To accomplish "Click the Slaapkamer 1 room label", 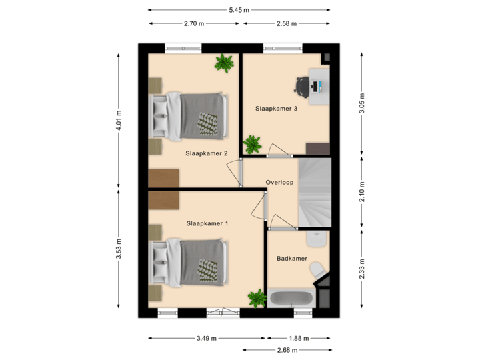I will tap(207, 223).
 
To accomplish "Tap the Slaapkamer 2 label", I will tap(207, 153).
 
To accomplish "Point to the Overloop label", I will tap(279, 181).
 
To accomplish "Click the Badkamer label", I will tap(292, 258).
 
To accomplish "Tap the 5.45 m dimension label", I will tap(239, 9).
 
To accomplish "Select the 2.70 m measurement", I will tap(193, 23).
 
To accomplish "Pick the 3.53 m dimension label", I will tap(119, 250).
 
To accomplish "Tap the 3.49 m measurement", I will tap(206, 338).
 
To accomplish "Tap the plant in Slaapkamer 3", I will tap(253, 144).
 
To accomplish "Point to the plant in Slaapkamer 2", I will tap(224, 63).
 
